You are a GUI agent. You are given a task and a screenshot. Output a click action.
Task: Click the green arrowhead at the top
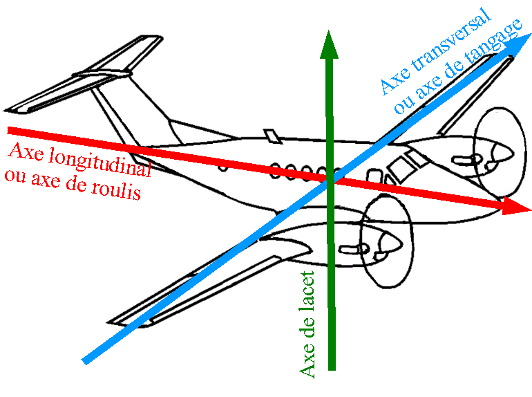330,47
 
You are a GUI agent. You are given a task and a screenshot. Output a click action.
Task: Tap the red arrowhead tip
524,207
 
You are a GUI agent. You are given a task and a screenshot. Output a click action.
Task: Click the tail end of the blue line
84,360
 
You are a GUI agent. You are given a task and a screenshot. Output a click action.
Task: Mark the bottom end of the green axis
332,369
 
